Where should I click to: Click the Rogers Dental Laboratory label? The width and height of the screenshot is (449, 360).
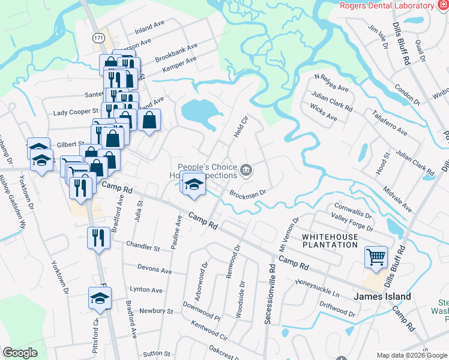[x=386, y=5]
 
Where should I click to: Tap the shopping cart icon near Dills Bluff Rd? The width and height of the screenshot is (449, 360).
[x=376, y=257]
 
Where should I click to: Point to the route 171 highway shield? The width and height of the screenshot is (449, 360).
[x=99, y=38]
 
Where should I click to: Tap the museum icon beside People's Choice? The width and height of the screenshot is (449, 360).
[x=246, y=172]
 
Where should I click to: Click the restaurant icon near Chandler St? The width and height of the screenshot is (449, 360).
[x=98, y=238]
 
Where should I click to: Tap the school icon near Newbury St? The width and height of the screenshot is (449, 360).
[x=100, y=298]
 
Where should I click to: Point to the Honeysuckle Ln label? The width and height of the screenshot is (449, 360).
[x=316, y=288]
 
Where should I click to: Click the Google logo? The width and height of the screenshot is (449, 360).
[x=20, y=353]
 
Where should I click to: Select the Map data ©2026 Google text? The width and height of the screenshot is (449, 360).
[x=411, y=355]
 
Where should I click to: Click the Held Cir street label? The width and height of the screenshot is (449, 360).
[x=240, y=127]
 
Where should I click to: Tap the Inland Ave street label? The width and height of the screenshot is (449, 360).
[x=149, y=28]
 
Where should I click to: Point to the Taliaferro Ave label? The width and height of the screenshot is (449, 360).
[x=390, y=123]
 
